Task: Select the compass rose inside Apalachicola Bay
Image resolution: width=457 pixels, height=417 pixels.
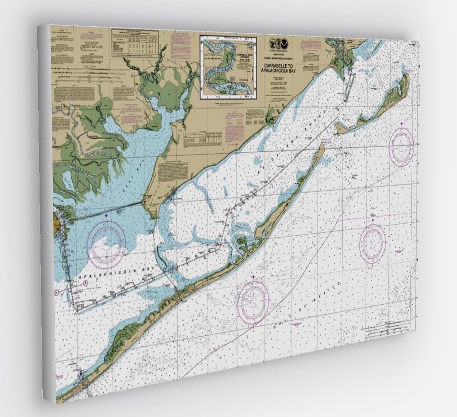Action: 107,243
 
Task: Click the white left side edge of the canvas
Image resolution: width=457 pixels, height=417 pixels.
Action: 47,214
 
